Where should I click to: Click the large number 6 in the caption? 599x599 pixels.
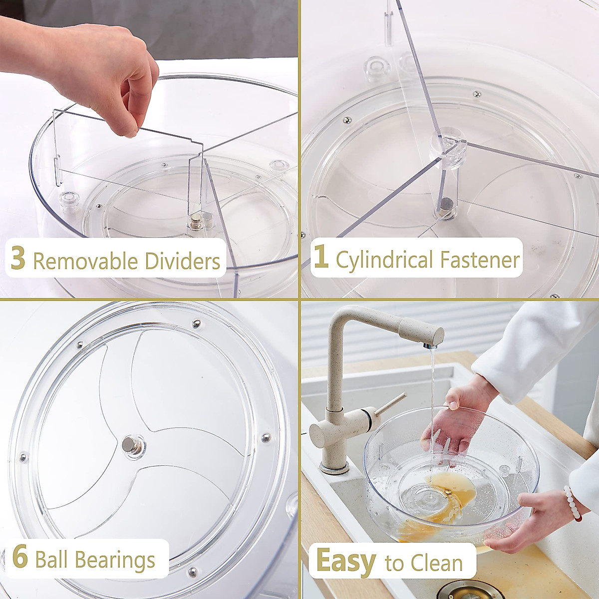[x=20, y=558]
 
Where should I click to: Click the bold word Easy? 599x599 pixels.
[x=345, y=562]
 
